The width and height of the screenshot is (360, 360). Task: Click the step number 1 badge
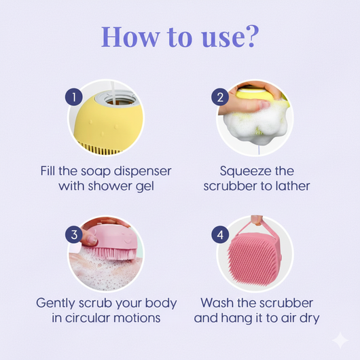click(x=75, y=96)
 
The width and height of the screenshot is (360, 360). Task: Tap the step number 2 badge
click(x=220, y=96)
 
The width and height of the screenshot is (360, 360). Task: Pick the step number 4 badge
click(x=220, y=235)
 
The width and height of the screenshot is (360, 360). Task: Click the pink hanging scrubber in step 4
click(x=254, y=257)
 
